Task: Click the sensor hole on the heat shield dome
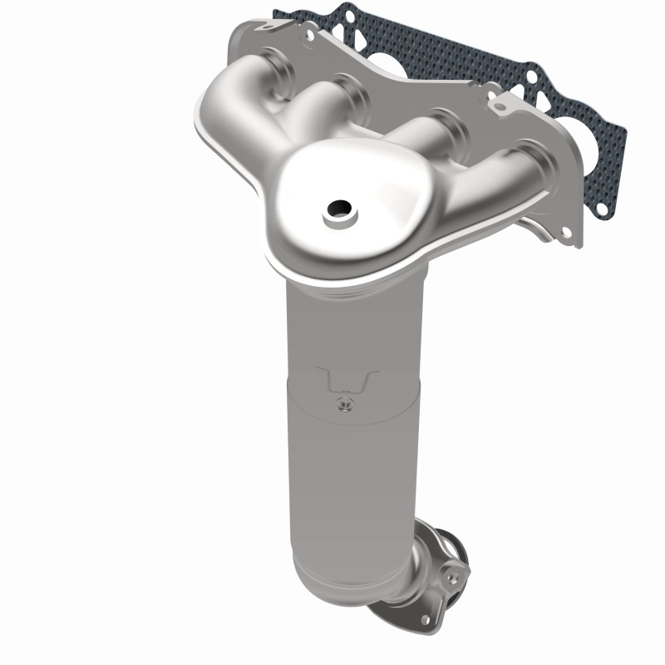[x=338, y=209]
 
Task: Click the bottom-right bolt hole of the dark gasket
[x=600, y=210]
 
